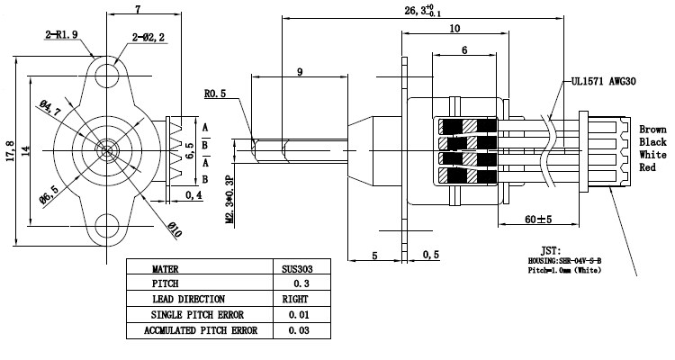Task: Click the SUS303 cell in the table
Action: [294, 267]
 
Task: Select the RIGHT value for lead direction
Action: [294, 298]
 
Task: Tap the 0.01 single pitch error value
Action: [294, 314]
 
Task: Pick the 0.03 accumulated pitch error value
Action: [294, 330]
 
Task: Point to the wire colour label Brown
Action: [653, 129]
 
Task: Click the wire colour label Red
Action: [648, 166]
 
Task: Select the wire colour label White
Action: [652, 154]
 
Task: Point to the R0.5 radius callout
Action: [215, 93]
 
